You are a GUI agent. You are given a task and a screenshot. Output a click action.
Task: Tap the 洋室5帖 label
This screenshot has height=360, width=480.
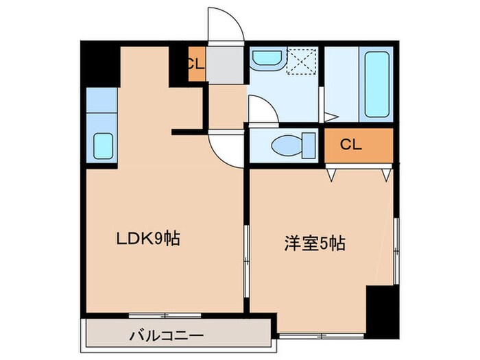point(315,242)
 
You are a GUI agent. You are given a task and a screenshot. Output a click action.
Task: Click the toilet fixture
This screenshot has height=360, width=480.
point(292,145)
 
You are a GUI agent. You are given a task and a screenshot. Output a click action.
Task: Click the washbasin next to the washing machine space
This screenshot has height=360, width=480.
point(265,60)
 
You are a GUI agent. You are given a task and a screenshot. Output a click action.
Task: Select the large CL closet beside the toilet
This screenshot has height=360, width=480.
point(358,145)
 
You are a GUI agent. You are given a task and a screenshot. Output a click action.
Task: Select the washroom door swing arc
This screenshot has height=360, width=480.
point(261,109)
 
